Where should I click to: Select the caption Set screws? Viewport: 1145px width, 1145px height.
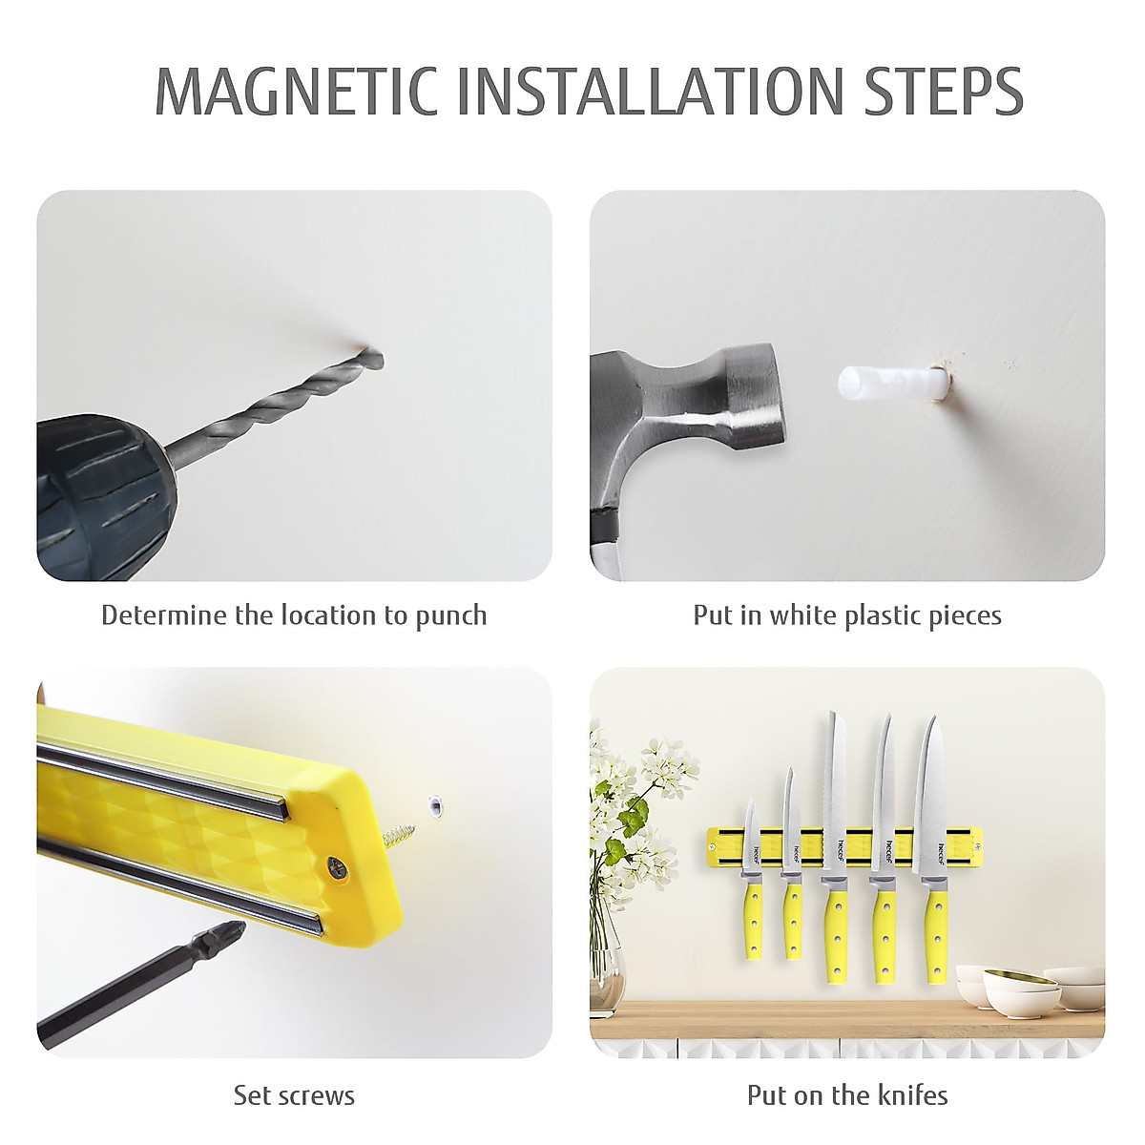click(294, 1094)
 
